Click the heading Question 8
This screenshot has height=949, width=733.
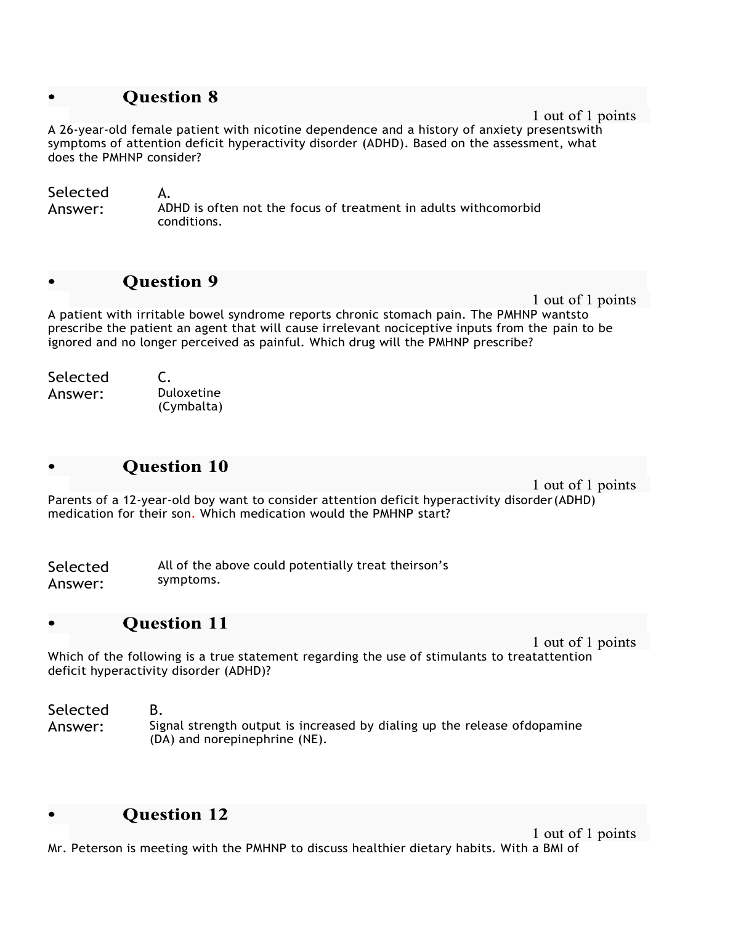pyautogui.click(x=170, y=97)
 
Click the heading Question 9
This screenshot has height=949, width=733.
pyautogui.click(x=170, y=282)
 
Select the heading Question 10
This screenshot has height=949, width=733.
pyautogui.click(x=175, y=466)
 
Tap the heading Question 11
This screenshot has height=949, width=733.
pyautogui.click(x=175, y=624)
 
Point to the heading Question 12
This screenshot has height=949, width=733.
pyautogui.click(x=175, y=815)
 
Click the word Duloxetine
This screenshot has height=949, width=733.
pyautogui.click(x=188, y=393)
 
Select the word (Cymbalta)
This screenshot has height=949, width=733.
pyautogui.click(x=190, y=407)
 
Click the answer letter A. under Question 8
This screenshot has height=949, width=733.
pyautogui.click(x=164, y=193)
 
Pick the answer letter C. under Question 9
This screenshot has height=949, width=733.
pyautogui.click(x=164, y=377)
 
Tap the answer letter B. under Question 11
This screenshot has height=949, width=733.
pyautogui.click(x=156, y=710)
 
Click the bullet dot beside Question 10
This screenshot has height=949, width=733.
pyautogui.click(x=52, y=467)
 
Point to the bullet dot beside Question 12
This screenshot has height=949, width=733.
pyautogui.click(x=52, y=815)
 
